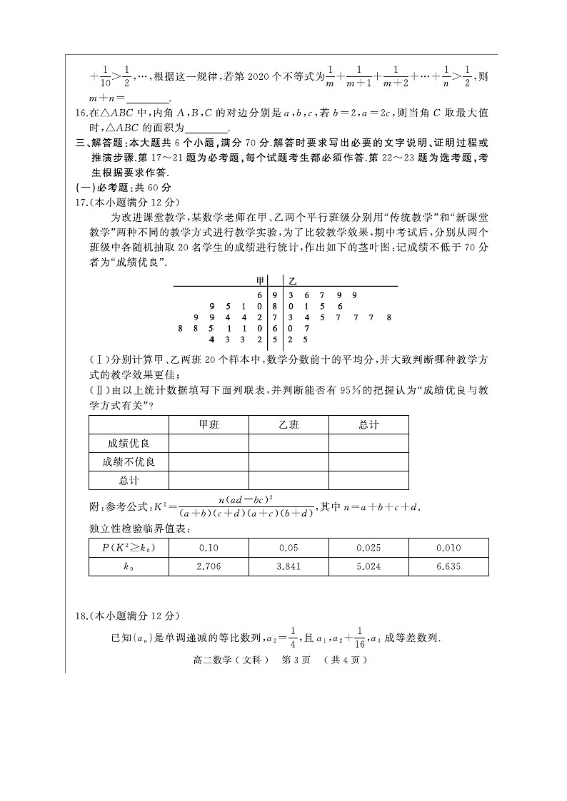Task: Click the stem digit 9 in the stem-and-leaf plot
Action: [274, 295]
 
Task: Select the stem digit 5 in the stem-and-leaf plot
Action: [274, 340]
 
